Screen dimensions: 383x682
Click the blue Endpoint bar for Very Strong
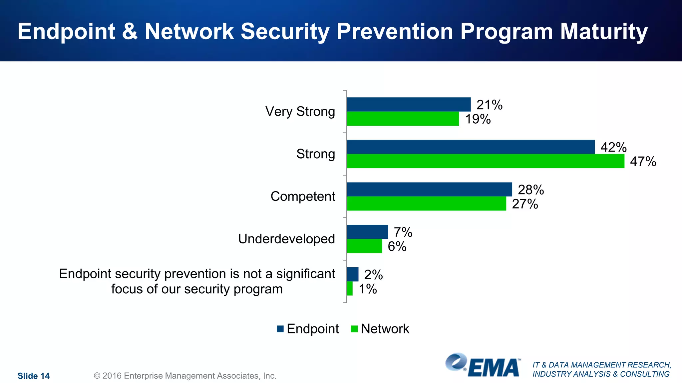(x=409, y=104)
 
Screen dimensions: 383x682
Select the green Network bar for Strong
(x=485, y=161)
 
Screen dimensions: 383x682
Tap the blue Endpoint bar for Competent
(x=429, y=189)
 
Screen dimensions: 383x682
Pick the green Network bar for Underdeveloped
(x=364, y=246)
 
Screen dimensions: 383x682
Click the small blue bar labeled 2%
(x=353, y=274)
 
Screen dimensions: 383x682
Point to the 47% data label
(x=643, y=162)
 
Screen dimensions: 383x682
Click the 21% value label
(x=489, y=105)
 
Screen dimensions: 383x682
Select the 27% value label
(x=525, y=204)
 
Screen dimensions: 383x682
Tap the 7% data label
(x=403, y=232)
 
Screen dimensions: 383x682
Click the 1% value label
(x=368, y=289)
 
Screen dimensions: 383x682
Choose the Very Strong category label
(x=300, y=111)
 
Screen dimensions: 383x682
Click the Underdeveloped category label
(x=286, y=239)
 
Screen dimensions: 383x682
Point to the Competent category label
(x=303, y=196)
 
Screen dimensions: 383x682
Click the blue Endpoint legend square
(x=280, y=329)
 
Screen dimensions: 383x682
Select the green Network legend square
(x=354, y=329)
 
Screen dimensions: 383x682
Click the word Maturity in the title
(x=604, y=32)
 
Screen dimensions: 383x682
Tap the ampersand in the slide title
(x=130, y=32)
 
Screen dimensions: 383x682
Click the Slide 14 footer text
(x=33, y=376)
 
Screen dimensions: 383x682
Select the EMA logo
(x=483, y=366)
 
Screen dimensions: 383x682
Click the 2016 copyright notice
(x=185, y=376)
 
